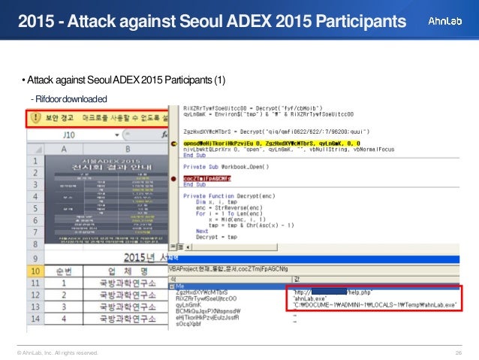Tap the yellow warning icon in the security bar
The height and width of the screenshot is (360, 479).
pos(35,118)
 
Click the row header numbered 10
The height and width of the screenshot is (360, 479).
pos(35,270)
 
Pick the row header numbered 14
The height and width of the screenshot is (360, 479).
pos(35,318)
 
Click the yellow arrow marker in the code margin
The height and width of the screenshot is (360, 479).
pos(175,142)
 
